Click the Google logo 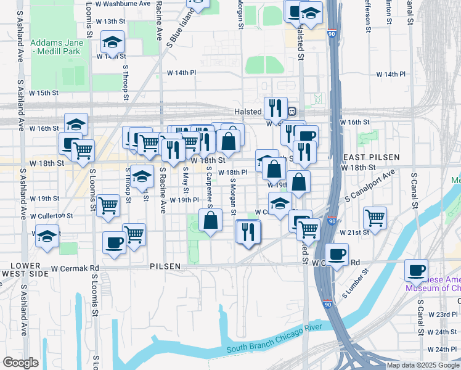[20, 363]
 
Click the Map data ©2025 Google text [423, 365]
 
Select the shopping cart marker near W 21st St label [375, 217]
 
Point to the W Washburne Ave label [131, 3]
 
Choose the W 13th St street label [110, 21]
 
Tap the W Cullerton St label [52, 216]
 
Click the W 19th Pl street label [184, 200]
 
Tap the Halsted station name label [248, 112]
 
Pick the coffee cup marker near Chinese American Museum [416, 270]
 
